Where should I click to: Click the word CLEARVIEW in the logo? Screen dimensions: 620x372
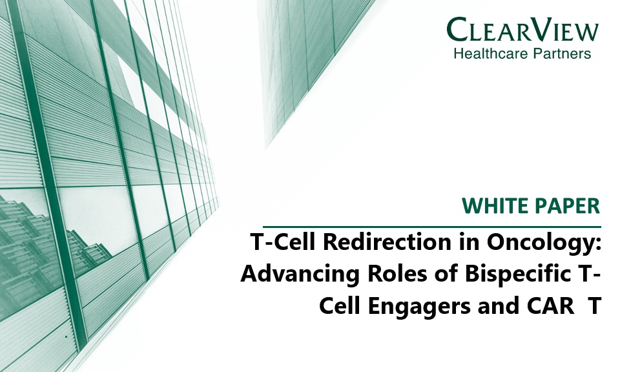coord(522,30)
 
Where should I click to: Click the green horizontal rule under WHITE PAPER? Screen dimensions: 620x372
coord(432,227)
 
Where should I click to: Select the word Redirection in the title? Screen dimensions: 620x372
coord(387,242)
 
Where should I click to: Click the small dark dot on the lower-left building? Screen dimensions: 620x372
coord(67,337)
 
